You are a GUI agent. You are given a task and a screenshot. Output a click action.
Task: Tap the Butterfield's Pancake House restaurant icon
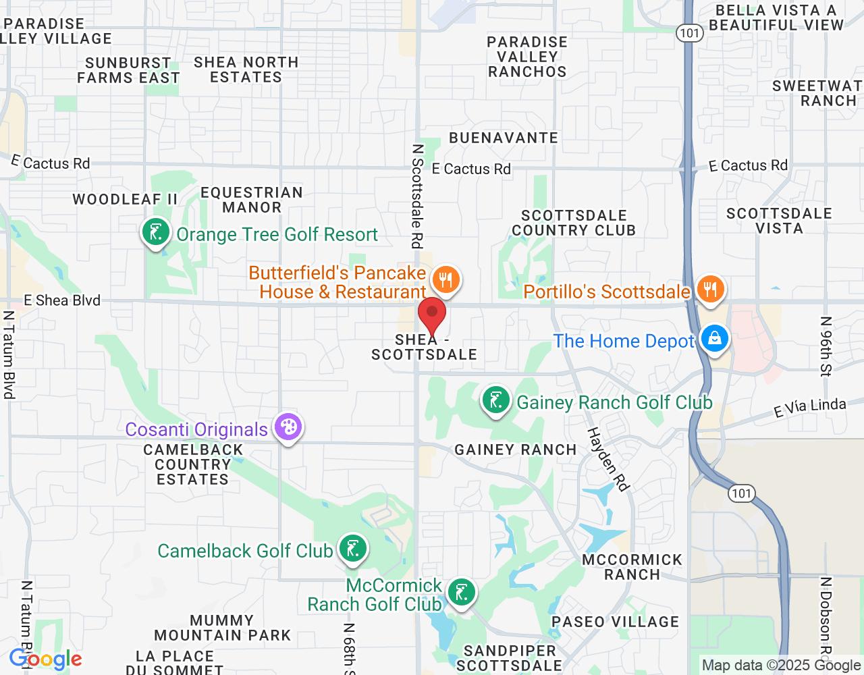pos(446,279)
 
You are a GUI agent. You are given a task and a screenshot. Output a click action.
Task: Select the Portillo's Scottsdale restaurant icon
pos(709,290)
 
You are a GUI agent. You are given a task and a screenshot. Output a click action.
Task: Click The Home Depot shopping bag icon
pos(714,338)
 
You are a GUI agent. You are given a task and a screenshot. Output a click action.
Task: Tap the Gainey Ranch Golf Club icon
pos(496,400)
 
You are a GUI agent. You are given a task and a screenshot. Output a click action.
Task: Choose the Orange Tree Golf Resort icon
pos(156,233)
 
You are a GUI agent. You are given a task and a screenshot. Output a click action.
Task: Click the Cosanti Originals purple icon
pos(288,427)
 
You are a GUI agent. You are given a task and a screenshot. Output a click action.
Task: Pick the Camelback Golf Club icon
pos(352,549)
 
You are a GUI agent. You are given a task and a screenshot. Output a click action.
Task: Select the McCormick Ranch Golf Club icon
pos(461,593)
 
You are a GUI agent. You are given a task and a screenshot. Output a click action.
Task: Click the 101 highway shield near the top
pos(690,32)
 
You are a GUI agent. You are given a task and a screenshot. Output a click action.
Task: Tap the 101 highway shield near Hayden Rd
pos(741,493)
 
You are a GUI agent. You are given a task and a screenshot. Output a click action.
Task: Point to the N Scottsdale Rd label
pos(418,196)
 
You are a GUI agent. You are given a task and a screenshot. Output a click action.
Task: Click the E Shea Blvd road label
pos(62,300)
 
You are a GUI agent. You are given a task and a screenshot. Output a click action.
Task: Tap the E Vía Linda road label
pos(809,407)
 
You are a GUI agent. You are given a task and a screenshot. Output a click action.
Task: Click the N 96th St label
pos(826,346)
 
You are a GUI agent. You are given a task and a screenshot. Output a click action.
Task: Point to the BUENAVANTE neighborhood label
pos(504,138)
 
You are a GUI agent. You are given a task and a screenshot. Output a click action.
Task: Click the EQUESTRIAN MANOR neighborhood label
pos(252,200)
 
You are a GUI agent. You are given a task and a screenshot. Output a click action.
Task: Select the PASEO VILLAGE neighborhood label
pos(615,622)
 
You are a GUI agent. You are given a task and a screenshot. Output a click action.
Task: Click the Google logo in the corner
pos(46,659)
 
